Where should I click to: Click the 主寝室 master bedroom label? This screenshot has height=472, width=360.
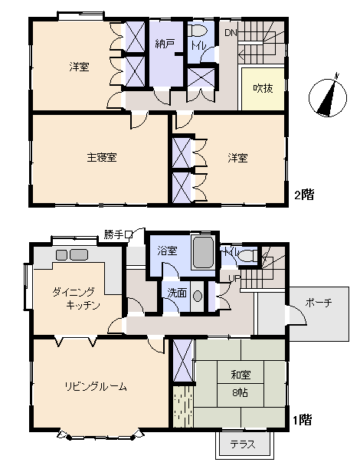[x=101, y=158]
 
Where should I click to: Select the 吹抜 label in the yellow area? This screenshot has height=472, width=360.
[x=263, y=88]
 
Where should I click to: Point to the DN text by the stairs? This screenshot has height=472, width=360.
[x=231, y=32]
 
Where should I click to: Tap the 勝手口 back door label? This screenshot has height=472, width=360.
[x=119, y=234]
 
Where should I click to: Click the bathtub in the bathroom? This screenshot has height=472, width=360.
[x=203, y=253]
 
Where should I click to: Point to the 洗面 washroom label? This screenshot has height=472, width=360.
[x=175, y=293]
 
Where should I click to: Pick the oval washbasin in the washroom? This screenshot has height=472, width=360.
[x=198, y=296]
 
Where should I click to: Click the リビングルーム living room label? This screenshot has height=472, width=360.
[x=96, y=385]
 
